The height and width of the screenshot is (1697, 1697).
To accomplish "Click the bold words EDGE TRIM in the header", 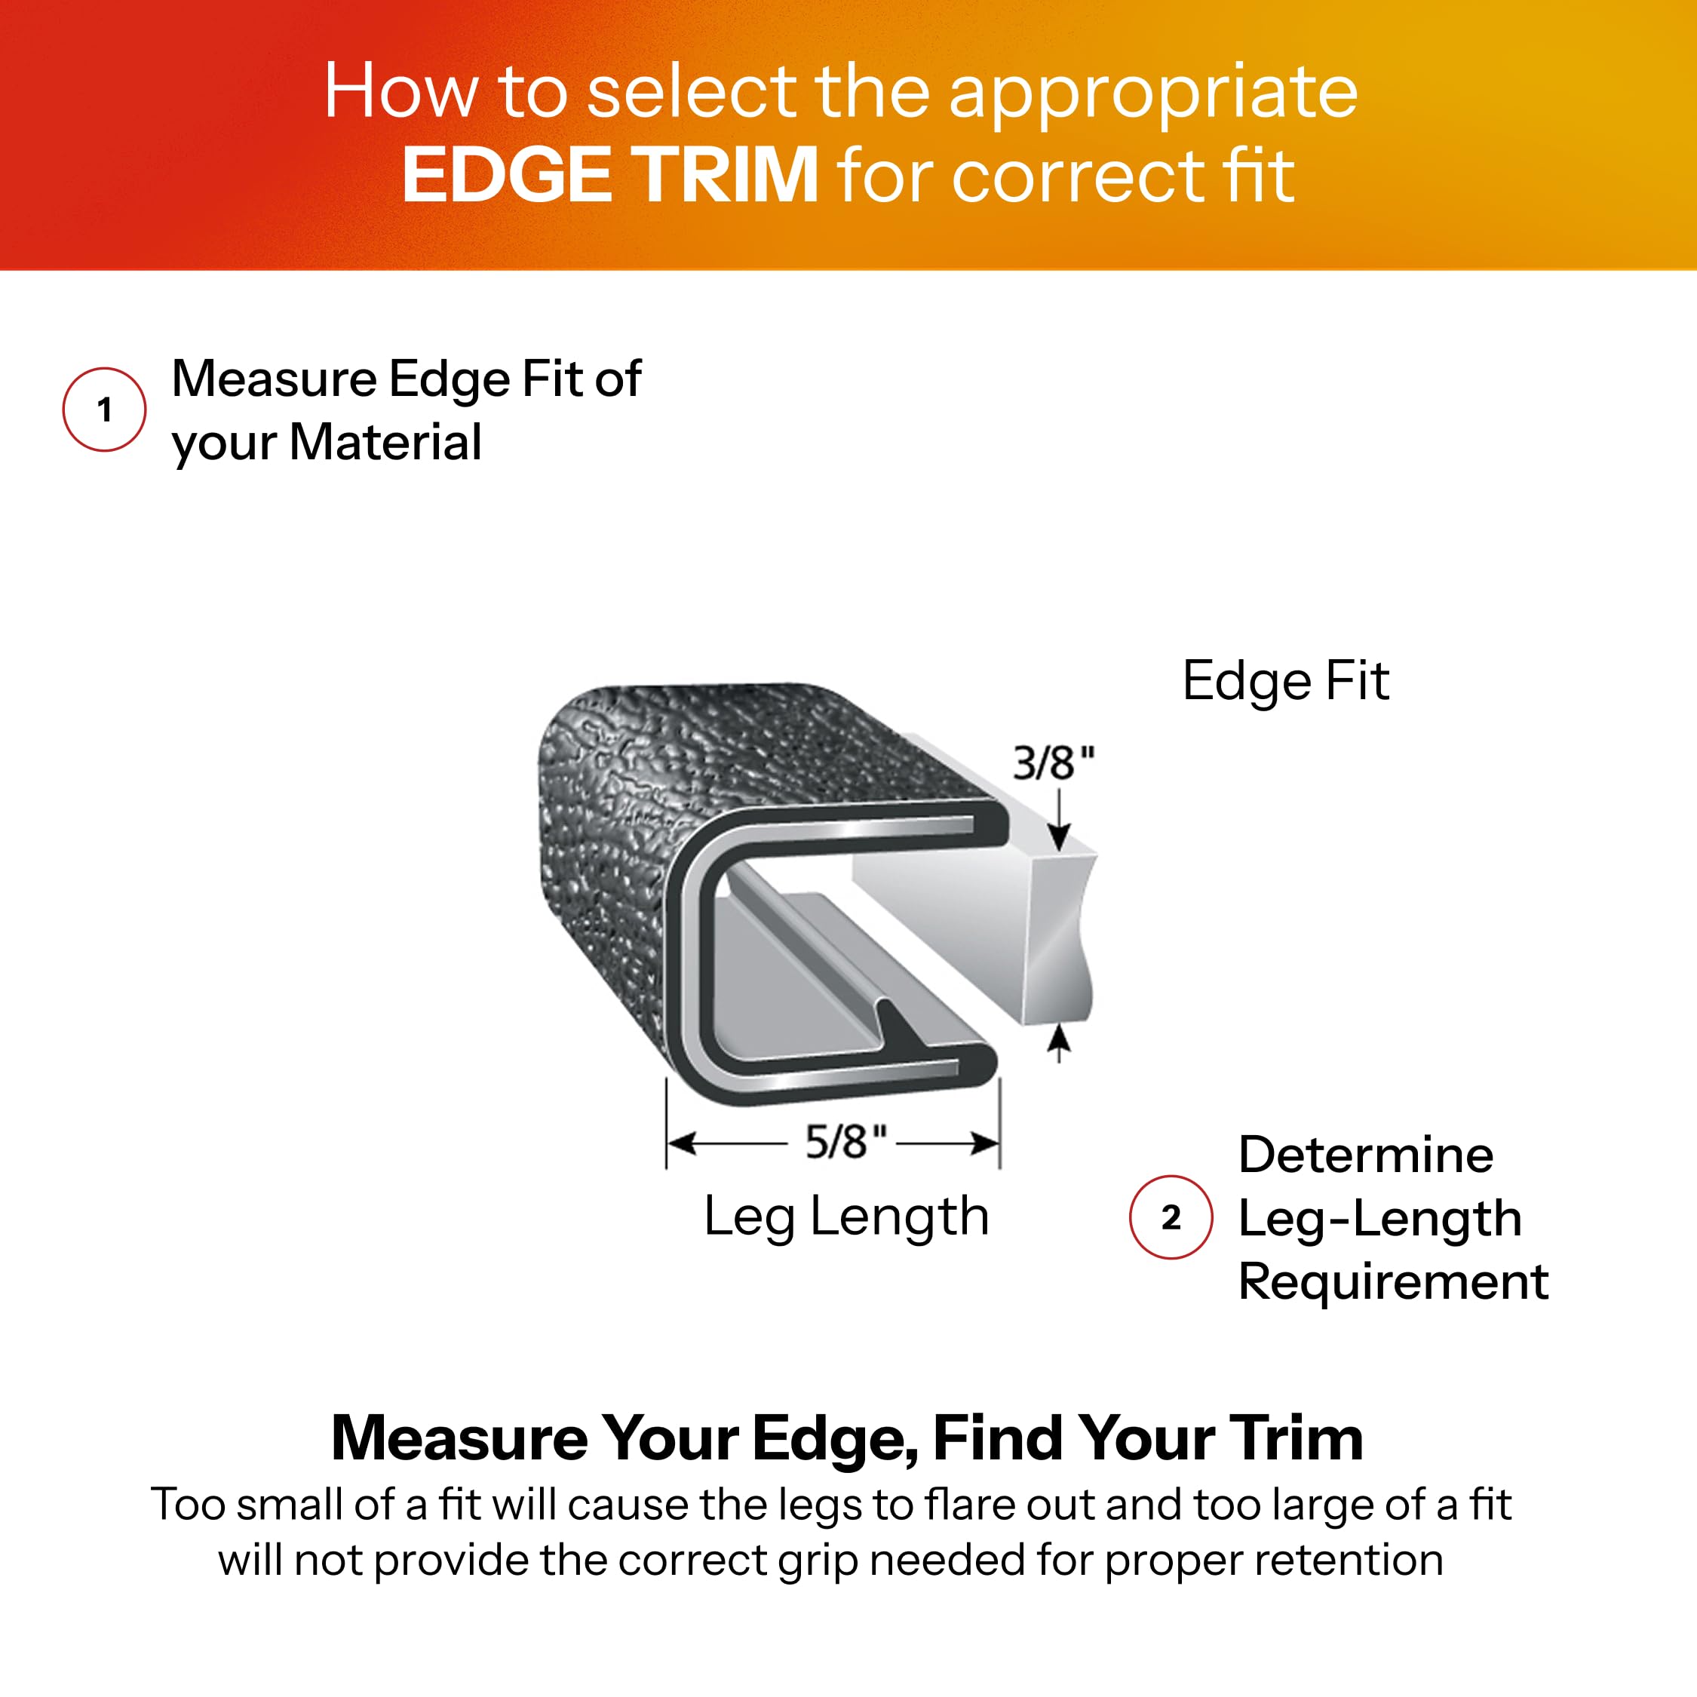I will click(609, 175).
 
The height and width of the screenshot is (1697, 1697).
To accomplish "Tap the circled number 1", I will click(105, 410).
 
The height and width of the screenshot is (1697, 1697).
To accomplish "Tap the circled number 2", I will click(1170, 1217).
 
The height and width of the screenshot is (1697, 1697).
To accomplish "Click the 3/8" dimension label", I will click(1053, 763).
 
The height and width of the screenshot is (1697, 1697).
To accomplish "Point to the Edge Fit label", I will click(1285, 681).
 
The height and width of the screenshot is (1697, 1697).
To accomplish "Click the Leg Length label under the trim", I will click(846, 1217).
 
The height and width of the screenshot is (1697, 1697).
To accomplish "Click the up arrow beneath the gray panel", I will click(1060, 1042).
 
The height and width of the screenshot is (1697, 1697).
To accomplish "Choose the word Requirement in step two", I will click(1393, 1281).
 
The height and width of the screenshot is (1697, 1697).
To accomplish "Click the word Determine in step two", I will click(1366, 1154).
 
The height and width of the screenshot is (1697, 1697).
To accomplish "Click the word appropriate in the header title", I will click(1152, 92).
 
